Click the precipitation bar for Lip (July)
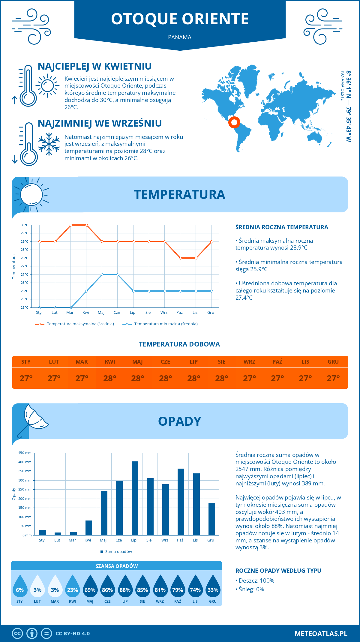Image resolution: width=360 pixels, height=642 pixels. (135, 498)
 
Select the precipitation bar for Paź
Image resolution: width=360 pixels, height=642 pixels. (181, 502)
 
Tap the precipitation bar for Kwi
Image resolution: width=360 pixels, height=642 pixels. (89, 528)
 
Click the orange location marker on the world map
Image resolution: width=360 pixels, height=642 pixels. (234, 122)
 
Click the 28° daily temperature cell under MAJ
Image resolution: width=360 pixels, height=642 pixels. (138, 378)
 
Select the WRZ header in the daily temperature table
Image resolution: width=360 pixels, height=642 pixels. (249, 362)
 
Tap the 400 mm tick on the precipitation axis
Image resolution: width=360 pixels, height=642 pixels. (25, 462)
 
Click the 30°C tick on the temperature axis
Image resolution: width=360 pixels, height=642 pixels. (25, 225)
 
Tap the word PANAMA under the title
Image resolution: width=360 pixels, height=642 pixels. (180, 37)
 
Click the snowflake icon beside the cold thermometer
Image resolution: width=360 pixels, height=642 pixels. (49, 144)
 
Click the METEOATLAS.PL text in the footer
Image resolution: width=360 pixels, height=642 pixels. (321, 634)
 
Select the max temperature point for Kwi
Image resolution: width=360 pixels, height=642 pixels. (86, 225)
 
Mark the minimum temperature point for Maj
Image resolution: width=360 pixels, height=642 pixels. (102, 274)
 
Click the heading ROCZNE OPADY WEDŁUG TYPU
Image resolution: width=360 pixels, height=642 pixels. (278, 571)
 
